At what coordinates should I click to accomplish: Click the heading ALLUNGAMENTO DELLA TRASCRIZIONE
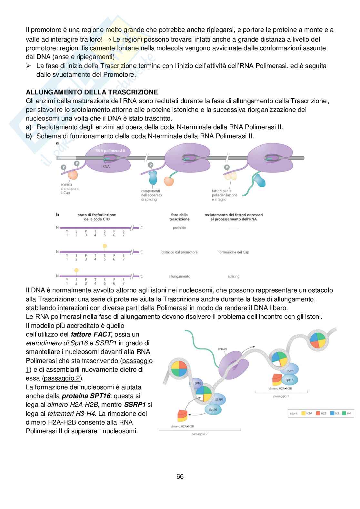(92, 92)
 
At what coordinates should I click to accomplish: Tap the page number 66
(180, 476)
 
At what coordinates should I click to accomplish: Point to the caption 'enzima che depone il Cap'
(70, 189)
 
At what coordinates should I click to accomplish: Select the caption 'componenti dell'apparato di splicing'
(151, 195)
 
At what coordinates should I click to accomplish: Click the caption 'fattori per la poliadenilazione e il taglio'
(224, 195)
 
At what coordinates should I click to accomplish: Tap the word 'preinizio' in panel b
(179, 228)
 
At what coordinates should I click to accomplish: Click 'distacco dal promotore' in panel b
(179, 252)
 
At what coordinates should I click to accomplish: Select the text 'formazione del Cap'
(234, 252)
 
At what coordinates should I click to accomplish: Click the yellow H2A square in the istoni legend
(303, 413)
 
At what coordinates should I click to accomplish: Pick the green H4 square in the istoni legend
(344, 413)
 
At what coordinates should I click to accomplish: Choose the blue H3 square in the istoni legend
(332, 413)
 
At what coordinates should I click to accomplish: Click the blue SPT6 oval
(198, 383)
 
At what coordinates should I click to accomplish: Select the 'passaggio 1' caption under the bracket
(281, 396)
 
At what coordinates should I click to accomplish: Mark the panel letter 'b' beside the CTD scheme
(57, 214)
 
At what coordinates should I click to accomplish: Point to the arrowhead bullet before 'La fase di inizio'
(28, 66)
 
